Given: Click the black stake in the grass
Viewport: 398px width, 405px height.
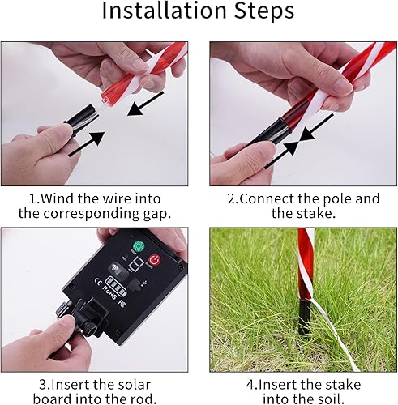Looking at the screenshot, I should point(303,317).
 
